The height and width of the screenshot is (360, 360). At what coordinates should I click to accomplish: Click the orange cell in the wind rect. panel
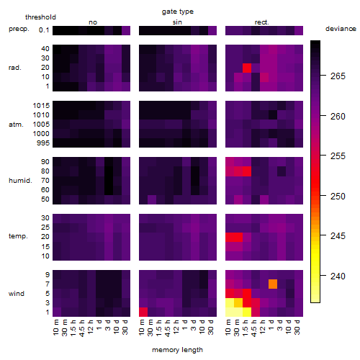273,284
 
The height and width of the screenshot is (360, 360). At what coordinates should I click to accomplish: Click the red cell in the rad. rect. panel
247,68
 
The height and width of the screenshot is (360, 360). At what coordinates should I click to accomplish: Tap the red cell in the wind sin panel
143,312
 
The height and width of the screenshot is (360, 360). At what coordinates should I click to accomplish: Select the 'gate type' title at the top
178,12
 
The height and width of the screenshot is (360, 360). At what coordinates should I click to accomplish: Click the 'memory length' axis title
178,350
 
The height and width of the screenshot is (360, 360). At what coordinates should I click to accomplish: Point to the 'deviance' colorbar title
341,29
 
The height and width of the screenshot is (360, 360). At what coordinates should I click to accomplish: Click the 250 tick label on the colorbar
338,197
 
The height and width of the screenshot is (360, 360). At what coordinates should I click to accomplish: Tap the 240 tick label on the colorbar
338,276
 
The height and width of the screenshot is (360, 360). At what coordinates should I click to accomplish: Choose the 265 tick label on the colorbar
338,76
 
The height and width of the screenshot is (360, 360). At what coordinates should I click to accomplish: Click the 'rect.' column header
261,22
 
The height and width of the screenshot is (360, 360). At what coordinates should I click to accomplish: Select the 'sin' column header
177,22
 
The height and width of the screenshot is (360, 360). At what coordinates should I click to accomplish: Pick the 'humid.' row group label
20,181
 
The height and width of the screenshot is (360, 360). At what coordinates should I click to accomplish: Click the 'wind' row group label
17,294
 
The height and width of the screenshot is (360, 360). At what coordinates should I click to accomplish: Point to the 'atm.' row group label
16,125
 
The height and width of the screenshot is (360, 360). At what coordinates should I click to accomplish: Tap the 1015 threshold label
41,106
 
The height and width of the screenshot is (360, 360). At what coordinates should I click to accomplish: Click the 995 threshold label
43,143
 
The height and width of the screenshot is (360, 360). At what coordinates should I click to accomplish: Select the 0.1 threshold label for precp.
44,30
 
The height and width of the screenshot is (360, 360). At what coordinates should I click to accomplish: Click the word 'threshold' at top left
40,17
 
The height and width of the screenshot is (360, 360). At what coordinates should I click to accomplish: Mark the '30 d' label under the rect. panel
297,327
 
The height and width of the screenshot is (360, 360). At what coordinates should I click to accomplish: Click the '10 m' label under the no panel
55,328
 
